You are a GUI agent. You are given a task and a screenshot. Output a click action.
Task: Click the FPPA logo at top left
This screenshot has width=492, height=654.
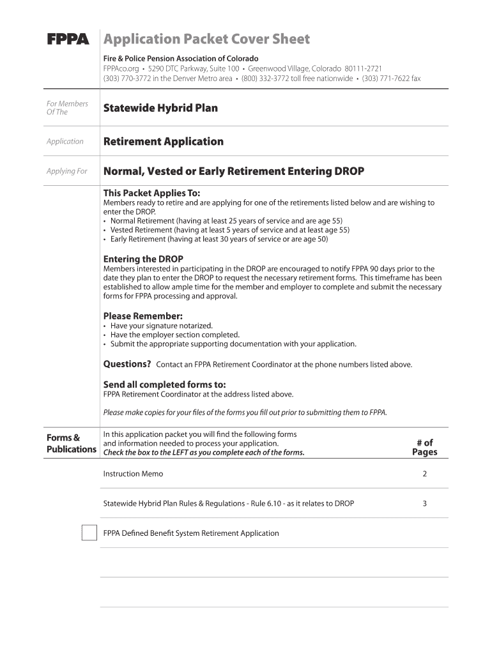click(68, 40)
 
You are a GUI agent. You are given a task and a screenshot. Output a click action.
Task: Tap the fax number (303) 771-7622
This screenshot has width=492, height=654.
click(391, 79)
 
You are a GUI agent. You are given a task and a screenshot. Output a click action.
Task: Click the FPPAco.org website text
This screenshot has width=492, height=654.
click(121, 68)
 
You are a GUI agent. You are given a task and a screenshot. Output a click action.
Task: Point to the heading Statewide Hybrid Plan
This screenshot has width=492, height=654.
click(160, 108)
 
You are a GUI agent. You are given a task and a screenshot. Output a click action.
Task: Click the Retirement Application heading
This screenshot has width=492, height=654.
click(164, 141)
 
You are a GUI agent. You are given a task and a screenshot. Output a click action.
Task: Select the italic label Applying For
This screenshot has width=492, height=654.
click(66, 171)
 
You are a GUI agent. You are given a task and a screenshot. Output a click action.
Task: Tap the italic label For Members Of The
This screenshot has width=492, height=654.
click(67, 108)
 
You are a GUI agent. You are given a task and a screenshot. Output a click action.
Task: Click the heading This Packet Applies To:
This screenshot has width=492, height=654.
click(151, 193)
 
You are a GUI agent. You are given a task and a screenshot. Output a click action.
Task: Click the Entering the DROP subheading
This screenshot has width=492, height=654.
click(143, 259)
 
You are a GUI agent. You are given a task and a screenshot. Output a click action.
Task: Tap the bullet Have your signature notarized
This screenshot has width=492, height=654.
click(161, 326)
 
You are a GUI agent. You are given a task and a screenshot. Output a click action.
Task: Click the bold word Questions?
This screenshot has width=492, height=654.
click(127, 364)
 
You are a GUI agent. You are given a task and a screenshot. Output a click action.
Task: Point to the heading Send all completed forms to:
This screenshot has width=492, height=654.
click(164, 384)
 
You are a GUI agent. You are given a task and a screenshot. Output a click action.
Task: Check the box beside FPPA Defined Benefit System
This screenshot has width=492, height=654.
click(89, 533)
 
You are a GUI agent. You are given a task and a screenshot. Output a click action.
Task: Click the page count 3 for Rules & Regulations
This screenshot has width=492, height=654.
click(424, 503)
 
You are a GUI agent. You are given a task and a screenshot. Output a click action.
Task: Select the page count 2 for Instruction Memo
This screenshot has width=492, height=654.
click(424, 474)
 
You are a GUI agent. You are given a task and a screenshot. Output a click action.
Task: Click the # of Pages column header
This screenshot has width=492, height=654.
click(424, 447)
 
